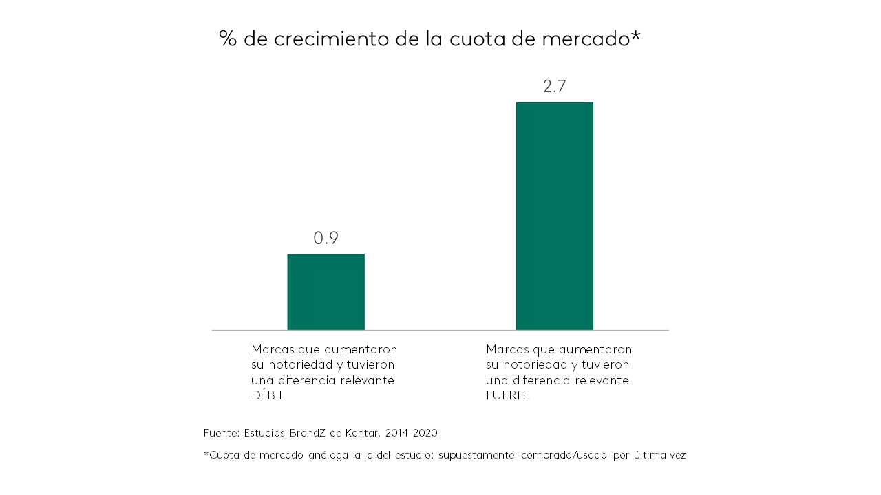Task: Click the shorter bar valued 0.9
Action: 326,292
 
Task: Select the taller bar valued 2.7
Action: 554,216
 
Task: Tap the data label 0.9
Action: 326,239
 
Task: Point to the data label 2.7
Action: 554,87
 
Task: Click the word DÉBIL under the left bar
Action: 268,396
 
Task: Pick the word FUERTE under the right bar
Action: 507,396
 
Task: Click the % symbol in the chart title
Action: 228,38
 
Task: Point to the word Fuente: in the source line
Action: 221,433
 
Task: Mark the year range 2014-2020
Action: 412,433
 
